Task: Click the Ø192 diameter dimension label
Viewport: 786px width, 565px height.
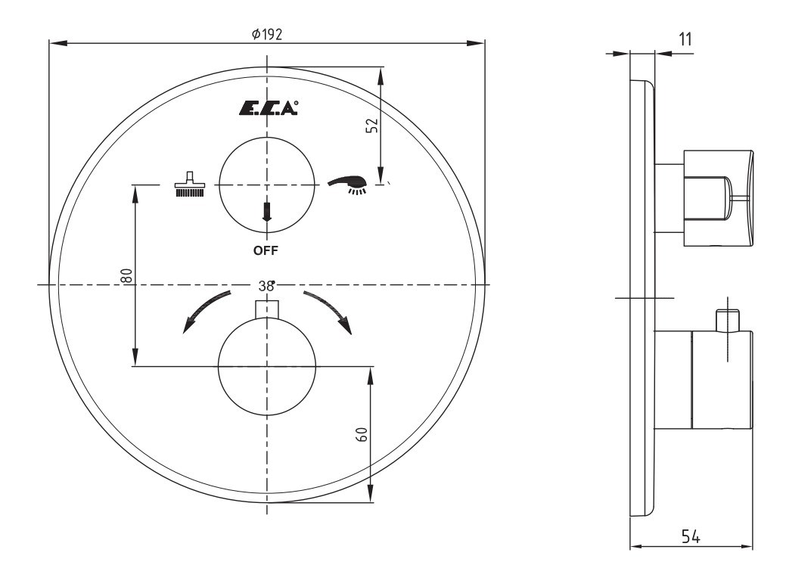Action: click(267, 33)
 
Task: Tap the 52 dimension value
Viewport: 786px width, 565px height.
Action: click(372, 126)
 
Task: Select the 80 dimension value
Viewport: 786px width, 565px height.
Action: click(126, 275)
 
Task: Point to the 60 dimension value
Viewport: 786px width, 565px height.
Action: click(362, 434)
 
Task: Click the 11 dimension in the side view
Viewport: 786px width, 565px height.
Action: click(685, 39)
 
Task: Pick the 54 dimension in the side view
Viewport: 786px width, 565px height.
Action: click(691, 536)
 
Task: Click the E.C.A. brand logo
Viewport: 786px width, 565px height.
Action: click(269, 108)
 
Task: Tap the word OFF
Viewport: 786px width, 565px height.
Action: click(266, 250)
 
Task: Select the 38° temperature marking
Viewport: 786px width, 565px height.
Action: click(267, 286)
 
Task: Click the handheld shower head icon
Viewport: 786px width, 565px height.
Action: click(347, 184)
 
